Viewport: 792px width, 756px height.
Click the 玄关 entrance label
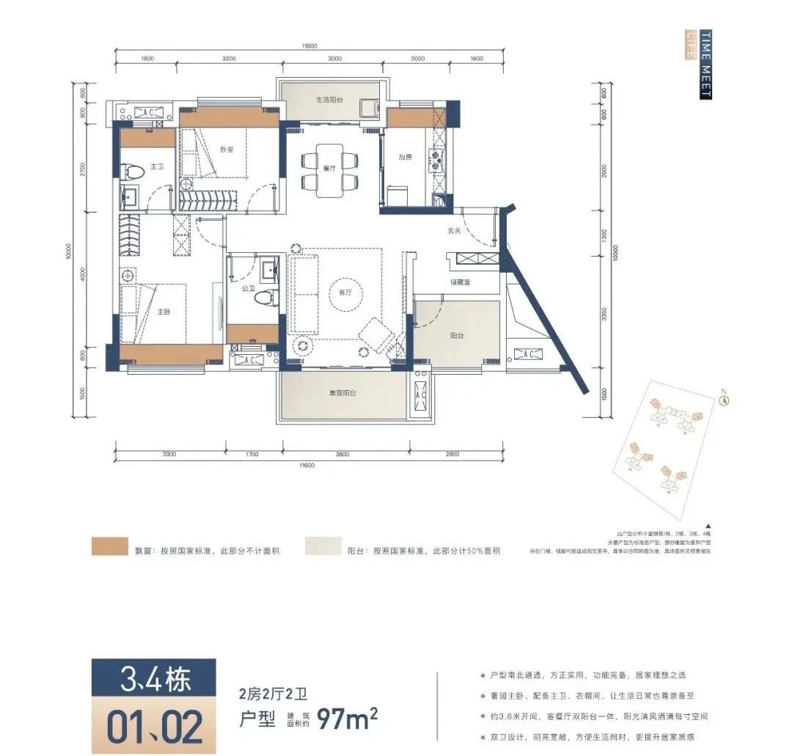point(455,230)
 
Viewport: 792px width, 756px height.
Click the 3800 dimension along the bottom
point(341,455)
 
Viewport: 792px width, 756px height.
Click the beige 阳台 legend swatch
point(324,547)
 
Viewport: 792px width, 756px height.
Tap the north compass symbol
point(724,400)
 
